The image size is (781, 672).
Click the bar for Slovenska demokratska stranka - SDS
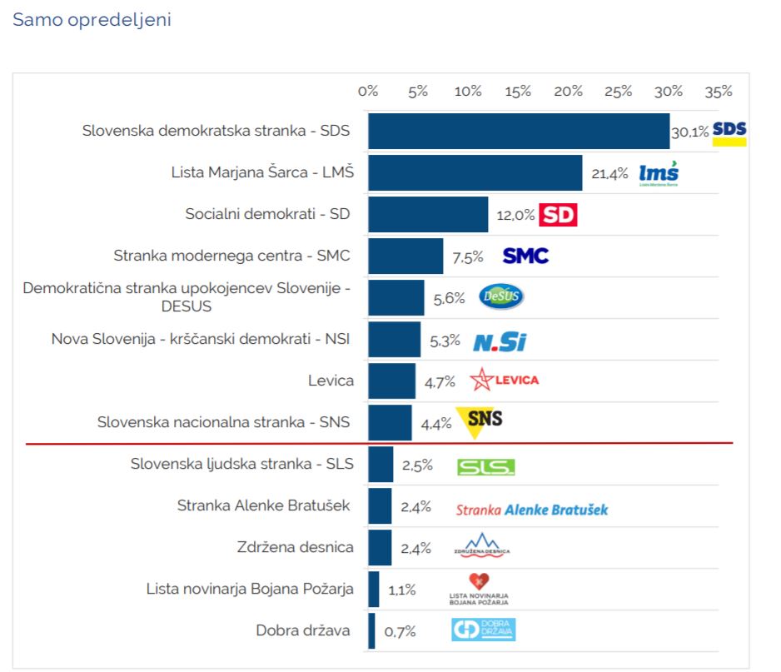518,132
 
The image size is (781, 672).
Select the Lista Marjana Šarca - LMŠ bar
475,173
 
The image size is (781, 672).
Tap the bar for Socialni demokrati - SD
428,214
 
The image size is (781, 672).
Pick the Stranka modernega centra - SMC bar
405,256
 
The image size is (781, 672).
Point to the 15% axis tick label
518,92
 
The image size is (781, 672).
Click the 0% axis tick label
368,92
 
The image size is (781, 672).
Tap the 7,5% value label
467,257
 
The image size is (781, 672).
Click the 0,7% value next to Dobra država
400,631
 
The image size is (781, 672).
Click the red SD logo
558,215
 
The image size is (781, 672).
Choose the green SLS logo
486,466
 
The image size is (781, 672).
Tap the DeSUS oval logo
501,297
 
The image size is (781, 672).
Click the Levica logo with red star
505,381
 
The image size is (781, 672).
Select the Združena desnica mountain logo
482,546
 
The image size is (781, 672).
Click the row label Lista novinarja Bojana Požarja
250,589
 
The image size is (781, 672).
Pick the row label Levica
331,381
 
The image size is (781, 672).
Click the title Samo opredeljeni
92,20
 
